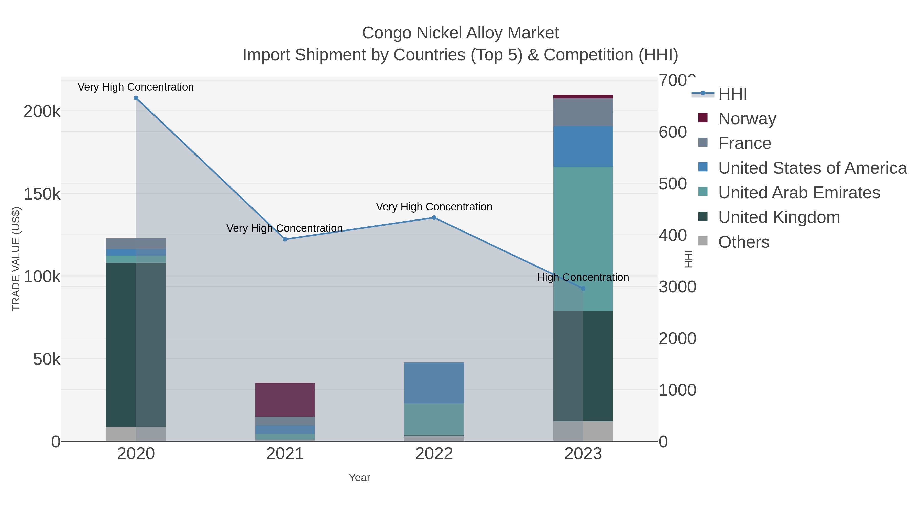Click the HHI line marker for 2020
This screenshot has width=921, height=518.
pyautogui.click(x=136, y=98)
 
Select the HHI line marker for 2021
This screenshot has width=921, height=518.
pyautogui.click(x=285, y=239)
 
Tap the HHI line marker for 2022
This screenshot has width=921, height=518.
pyautogui.click(x=434, y=218)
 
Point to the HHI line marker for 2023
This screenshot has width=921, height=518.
pyautogui.click(x=583, y=289)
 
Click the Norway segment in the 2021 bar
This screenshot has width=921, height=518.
pyautogui.click(x=285, y=400)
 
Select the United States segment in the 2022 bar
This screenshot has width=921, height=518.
pyautogui.click(x=434, y=383)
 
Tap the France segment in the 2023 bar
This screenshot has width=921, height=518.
pyautogui.click(x=583, y=112)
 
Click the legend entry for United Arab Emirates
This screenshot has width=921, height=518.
pyautogui.click(x=799, y=193)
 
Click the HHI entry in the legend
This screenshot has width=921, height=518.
pyautogui.click(x=732, y=94)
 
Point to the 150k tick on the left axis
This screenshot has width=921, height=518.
pyautogui.click(x=42, y=194)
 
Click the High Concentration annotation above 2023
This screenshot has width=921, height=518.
pyautogui.click(x=583, y=277)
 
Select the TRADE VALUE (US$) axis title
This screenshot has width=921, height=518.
pyautogui.click(x=16, y=259)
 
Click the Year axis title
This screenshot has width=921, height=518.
pyautogui.click(x=359, y=478)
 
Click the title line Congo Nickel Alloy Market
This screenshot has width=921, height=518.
pyautogui.click(x=460, y=33)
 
